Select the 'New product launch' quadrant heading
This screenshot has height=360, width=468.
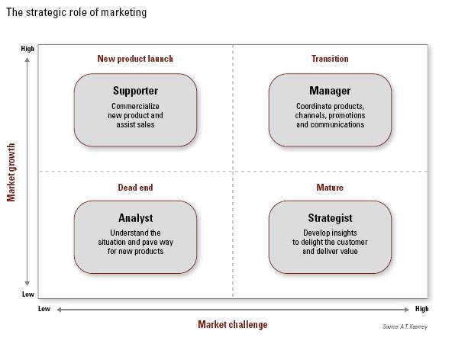135,59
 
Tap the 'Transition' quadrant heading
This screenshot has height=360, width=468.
330,59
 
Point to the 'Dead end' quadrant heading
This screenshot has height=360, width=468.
135,188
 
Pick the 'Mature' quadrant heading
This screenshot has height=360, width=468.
330,188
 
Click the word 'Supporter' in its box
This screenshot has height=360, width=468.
135,91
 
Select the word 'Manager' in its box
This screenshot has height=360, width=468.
330,91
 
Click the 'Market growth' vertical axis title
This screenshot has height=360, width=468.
11,171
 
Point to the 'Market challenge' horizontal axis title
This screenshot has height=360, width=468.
233,324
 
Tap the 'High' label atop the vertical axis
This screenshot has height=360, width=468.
27,49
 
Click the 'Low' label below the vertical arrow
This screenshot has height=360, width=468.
27,294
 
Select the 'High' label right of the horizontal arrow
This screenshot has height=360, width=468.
421,309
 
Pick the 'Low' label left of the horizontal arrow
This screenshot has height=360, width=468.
44,309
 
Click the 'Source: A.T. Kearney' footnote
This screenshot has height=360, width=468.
405,327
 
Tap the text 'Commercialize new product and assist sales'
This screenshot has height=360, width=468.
135,115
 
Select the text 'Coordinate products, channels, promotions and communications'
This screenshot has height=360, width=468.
330,115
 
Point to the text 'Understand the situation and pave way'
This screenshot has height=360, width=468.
135,237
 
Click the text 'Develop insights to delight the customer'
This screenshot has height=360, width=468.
330,237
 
